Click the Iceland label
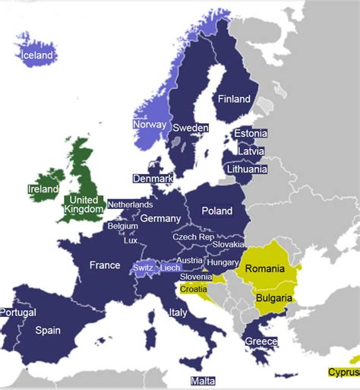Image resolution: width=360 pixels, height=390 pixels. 37,55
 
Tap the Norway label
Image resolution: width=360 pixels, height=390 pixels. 149,125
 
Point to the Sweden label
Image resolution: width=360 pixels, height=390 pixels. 190,128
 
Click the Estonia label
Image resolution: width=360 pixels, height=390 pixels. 251,134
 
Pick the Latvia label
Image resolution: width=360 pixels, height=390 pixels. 251,151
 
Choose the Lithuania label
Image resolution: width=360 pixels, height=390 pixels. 245,170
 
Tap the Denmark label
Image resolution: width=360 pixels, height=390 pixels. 153,179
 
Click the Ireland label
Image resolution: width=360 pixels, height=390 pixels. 43,189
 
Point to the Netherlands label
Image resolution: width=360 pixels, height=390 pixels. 130,205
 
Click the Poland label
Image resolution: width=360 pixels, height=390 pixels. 216,210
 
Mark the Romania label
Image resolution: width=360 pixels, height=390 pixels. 264,269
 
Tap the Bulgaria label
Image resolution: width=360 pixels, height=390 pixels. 273,299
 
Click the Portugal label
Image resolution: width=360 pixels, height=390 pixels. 17,312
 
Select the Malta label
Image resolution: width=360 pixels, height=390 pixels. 203,381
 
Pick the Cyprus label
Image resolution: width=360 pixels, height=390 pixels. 343,373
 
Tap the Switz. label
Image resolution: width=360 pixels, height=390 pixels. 143,268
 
